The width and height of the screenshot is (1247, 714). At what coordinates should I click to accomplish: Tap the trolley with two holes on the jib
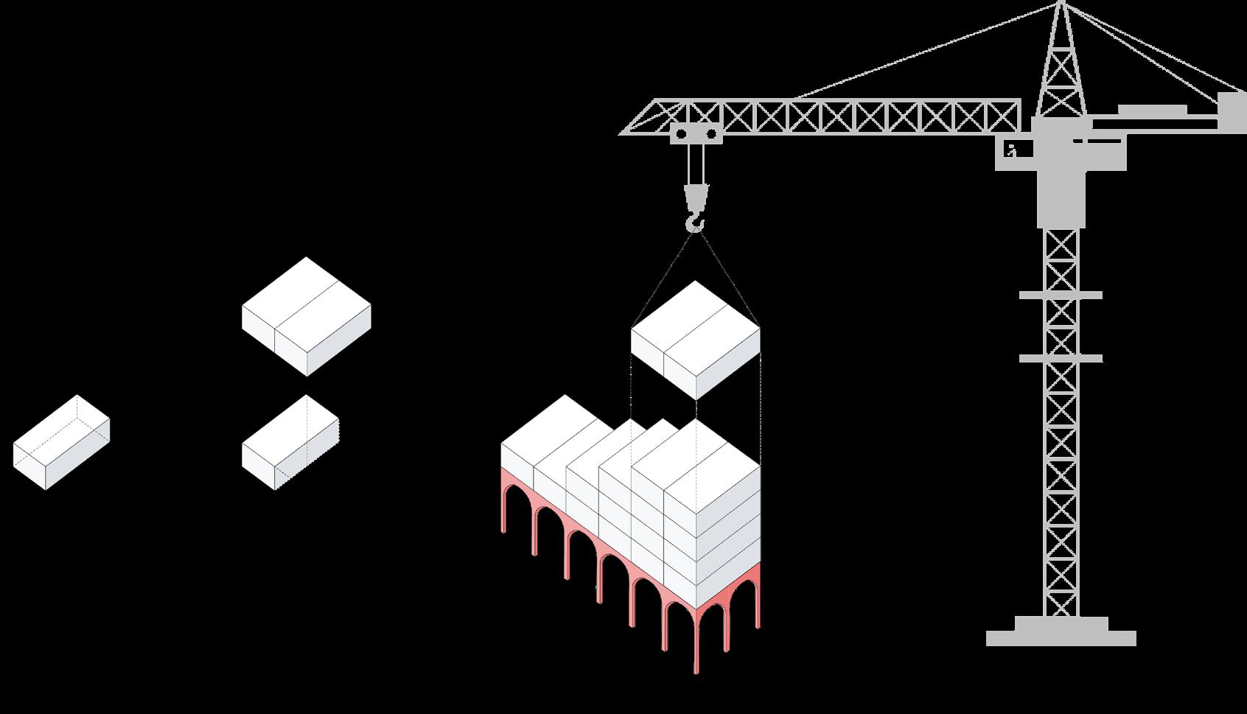(695, 133)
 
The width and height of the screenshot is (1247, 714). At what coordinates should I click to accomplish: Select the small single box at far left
(61, 442)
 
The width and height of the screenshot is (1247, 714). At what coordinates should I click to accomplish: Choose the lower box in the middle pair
(290, 442)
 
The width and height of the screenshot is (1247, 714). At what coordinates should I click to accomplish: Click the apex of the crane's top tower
(1061, 4)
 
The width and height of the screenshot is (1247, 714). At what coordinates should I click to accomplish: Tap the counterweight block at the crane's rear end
(1231, 112)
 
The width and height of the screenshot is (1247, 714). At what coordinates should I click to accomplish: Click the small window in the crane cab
(1011, 151)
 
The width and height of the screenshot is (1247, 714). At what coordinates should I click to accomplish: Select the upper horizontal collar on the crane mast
(1061, 295)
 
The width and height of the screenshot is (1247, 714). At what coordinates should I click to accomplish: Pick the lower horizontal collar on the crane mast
(1061, 359)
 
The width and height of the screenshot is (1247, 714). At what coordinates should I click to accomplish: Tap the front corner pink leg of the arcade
(696, 648)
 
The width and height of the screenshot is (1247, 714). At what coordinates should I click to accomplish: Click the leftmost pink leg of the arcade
(505, 508)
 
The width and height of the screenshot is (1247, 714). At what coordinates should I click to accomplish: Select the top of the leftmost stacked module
(549, 424)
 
